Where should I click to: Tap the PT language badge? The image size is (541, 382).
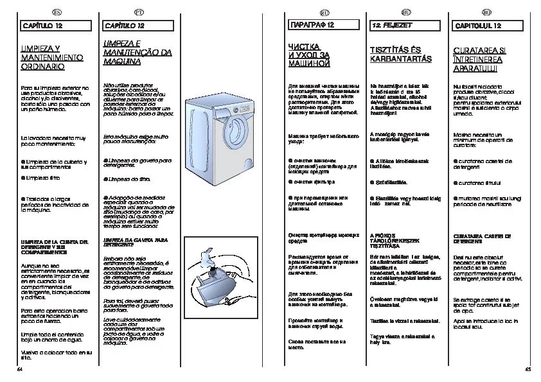click(x=138, y=12)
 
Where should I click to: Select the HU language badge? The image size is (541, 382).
click(x=405, y=12)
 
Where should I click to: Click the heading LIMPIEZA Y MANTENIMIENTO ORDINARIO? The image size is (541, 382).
click(x=53, y=57)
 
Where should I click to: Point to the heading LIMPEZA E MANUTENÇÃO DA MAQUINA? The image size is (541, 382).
click(x=137, y=53)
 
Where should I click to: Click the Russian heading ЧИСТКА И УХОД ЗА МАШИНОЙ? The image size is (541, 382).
click(x=309, y=55)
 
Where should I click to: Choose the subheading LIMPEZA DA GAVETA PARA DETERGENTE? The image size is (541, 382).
click(x=136, y=241)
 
